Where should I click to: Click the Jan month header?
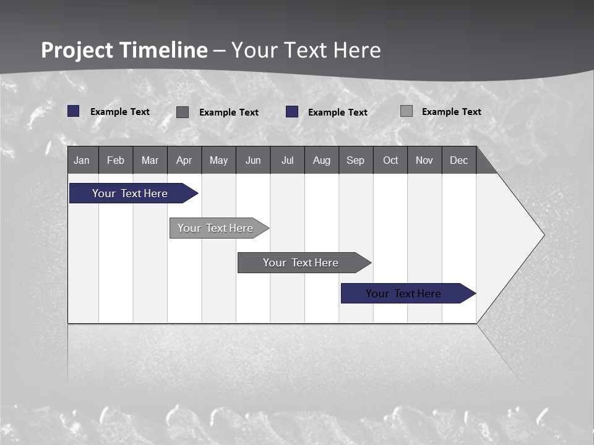pos(82,161)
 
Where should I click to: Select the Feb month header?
pos(116,161)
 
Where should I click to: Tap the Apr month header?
pos(184,161)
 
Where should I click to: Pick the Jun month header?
pos(253,161)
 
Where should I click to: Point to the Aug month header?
pos(321,161)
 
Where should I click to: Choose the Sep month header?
pos(355,161)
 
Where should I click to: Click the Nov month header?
pos(424,161)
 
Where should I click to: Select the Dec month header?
pos(458,161)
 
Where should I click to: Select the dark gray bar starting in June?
pos(301,263)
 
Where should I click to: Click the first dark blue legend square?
pos(74,111)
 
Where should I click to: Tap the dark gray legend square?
pos(183,112)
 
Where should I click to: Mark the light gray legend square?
pos(407,111)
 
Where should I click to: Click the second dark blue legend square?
pos(292,112)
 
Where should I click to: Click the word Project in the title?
pos(77,51)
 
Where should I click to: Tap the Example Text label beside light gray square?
pos(451,112)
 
